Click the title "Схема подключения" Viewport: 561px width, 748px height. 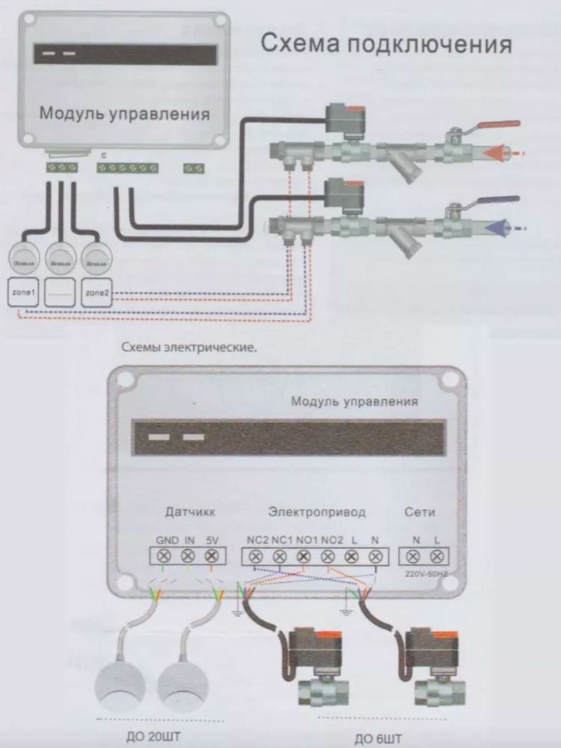point(386,45)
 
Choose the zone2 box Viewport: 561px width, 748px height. point(96,292)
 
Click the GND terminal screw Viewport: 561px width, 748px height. point(165,556)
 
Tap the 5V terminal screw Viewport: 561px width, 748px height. point(211,556)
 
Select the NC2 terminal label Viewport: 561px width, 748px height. point(257,540)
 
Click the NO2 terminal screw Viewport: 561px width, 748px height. point(328,556)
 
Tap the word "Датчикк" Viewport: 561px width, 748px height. point(190,512)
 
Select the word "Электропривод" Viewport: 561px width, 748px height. point(317,512)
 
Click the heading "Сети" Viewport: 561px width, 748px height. point(420,512)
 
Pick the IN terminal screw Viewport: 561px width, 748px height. point(188,556)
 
